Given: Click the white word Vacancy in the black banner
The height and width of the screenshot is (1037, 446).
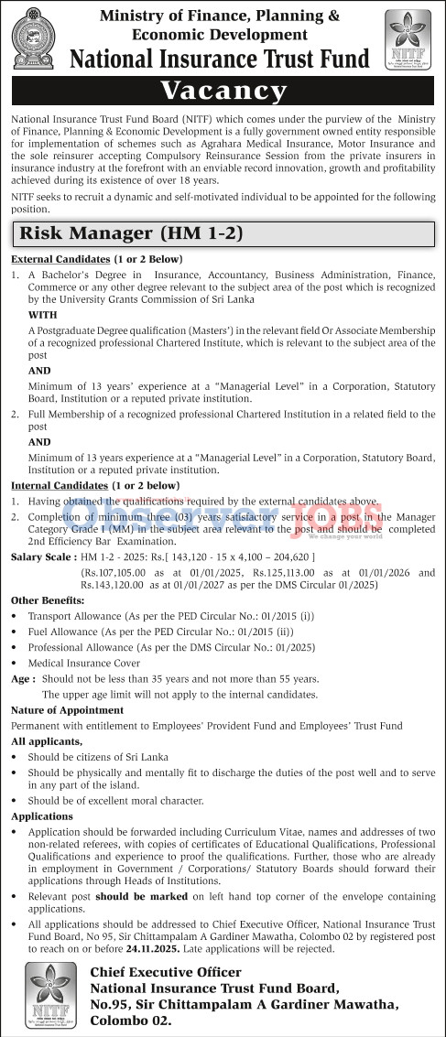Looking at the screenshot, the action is tap(223, 91).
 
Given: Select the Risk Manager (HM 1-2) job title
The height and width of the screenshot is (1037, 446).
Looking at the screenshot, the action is tap(131, 233).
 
